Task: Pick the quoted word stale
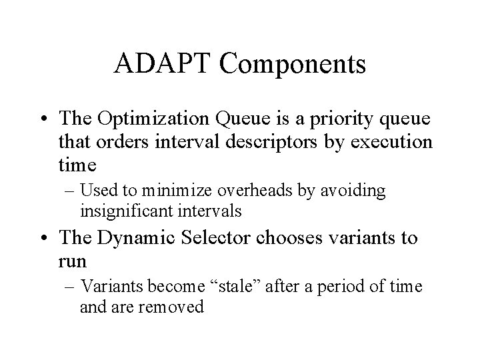240,287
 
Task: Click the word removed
177,307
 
